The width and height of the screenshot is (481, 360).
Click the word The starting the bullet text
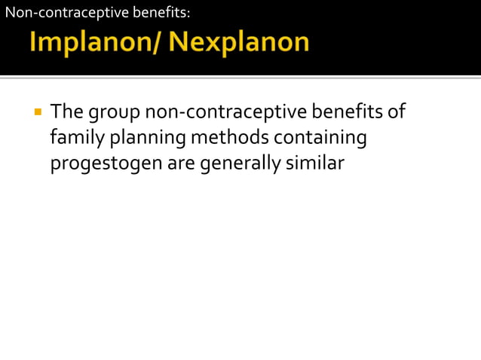pos(67,113)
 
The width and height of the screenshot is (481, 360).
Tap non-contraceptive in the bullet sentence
pos(225,113)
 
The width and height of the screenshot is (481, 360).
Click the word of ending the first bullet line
pos(397,113)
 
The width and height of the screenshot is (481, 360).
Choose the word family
pos(77,139)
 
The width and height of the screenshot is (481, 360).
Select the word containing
pos(320,139)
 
